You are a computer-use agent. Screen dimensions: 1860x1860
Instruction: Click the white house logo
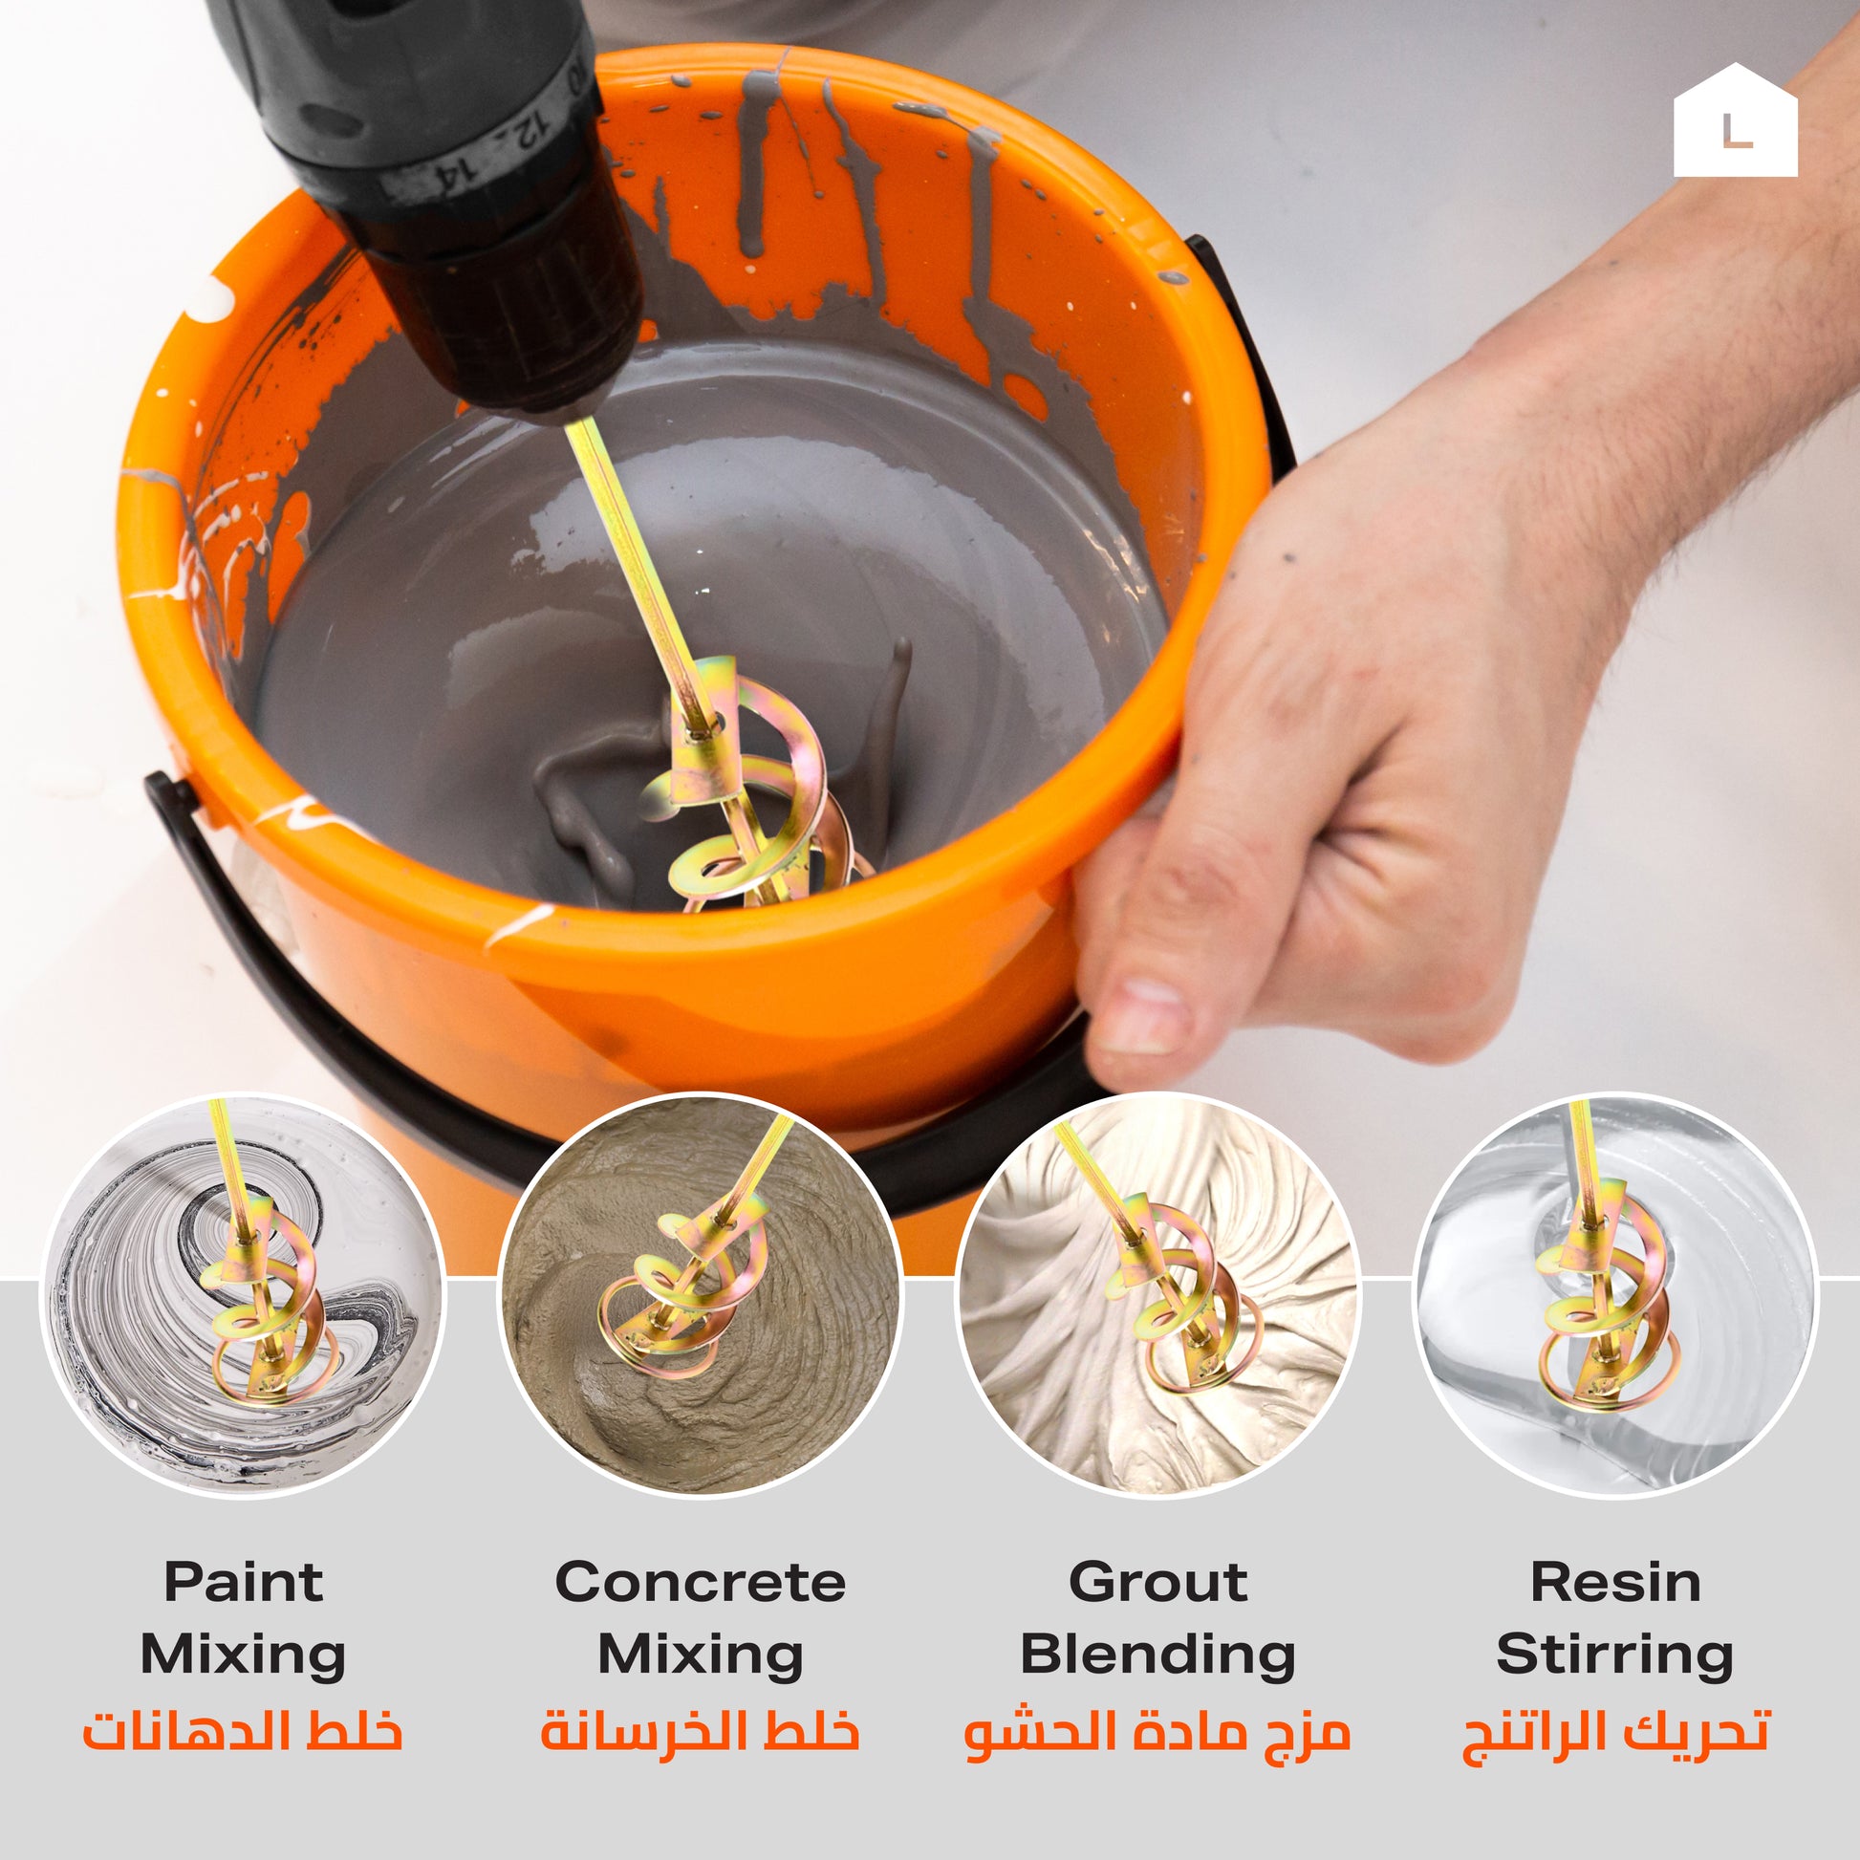pos(1735,122)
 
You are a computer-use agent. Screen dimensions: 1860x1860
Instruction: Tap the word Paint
pos(243,1582)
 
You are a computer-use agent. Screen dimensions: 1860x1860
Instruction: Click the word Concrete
pos(700,1582)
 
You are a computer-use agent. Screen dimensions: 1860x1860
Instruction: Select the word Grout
pos(1158,1582)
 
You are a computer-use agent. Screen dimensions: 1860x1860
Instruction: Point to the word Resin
pos(1615,1582)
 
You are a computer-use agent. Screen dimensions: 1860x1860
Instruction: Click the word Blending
pos(1158,1656)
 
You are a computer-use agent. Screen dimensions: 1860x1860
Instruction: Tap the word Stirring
pos(1615,1656)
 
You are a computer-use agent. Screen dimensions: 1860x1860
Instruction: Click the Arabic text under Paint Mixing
pos(243,1730)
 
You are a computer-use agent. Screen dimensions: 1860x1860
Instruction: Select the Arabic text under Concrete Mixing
pos(700,1730)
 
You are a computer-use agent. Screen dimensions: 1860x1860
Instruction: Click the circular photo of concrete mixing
pos(700,1295)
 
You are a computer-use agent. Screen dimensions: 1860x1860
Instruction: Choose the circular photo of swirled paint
pos(243,1295)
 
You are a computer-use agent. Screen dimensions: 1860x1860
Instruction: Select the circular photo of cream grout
pos(1158,1295)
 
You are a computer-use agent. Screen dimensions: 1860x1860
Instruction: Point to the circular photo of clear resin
pos(1615,1295)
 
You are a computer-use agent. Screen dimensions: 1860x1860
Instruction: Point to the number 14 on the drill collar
pos(452,174)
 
